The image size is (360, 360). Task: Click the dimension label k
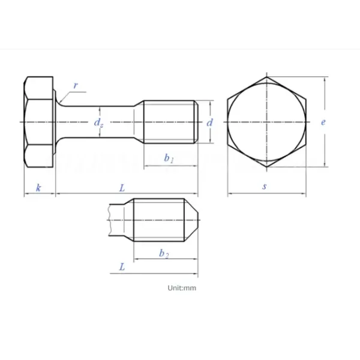coord(39,188)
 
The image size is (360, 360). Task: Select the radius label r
coord(76,85)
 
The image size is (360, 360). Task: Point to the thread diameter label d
coord(209,122)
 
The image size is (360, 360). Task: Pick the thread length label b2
coord(164,254)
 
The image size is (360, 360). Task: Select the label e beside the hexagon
coord(323,122)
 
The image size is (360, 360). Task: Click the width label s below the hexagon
coord(265,187)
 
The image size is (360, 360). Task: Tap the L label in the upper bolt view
coord(122,188)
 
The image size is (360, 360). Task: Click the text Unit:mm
coord(182,288)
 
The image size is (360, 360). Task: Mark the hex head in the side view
coord(39,122)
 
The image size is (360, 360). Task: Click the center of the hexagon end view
coord(266,122)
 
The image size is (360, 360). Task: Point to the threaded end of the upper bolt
coord(170,122)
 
